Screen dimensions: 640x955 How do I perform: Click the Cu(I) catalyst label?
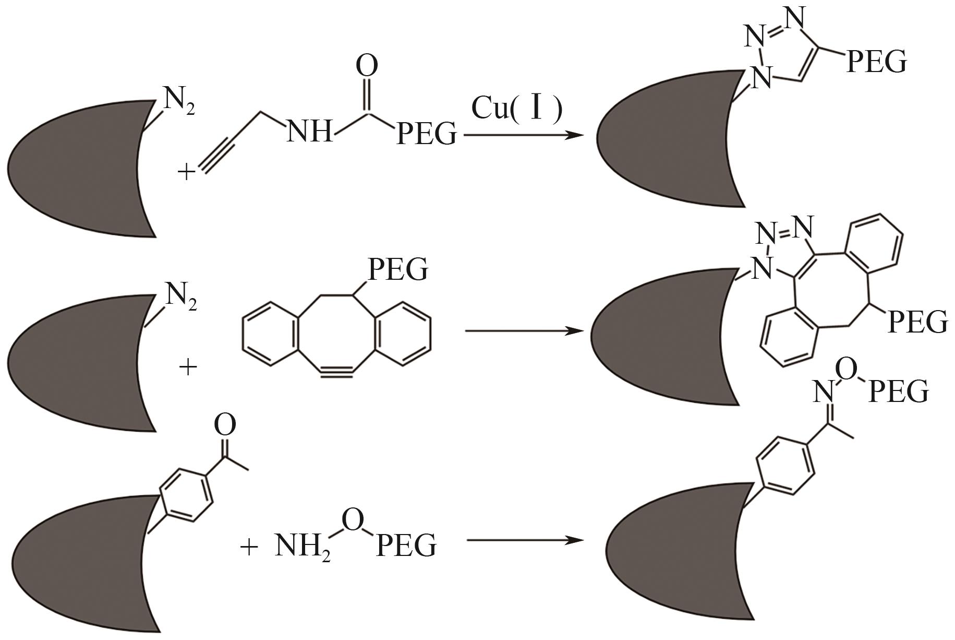click(x=516, y=109)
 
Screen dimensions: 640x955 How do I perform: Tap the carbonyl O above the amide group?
click(x=367, y=67)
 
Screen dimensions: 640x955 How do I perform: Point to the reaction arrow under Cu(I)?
click(x=522, y=135)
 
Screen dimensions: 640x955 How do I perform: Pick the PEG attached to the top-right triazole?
click(x=876, y=62)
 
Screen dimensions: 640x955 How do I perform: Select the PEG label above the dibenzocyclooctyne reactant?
click(x=398, y=270)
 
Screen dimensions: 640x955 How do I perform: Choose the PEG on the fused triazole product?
click(x=917, y=322)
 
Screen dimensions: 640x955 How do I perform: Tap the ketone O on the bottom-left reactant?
click(x=225, y=425)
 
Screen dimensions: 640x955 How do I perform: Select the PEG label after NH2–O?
click(x=406, y=546)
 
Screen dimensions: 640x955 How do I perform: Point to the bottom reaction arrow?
click(x=524, y=540)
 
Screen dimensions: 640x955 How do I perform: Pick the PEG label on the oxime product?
click(x=899, y=392)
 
